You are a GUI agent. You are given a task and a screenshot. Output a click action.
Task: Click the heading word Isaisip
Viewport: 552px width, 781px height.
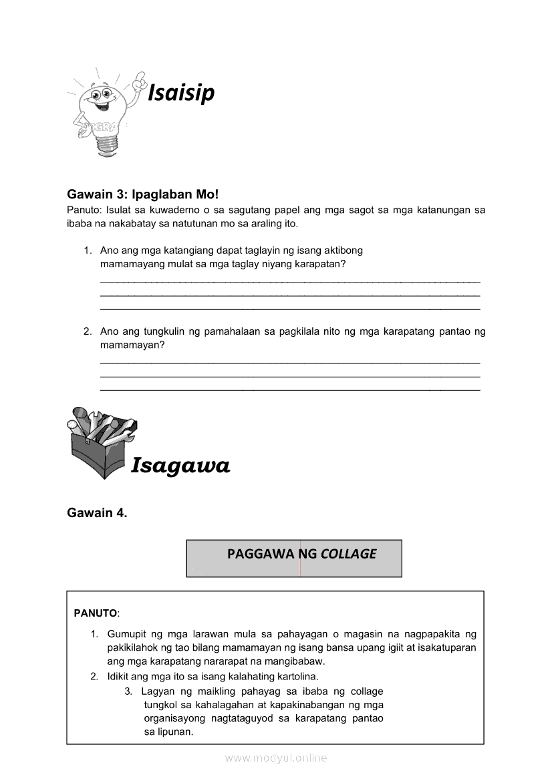click(180, 93)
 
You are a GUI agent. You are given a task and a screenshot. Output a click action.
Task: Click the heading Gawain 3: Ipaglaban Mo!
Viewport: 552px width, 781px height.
click(142, 194)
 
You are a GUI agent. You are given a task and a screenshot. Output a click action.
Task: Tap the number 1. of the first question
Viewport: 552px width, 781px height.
click(88, 251)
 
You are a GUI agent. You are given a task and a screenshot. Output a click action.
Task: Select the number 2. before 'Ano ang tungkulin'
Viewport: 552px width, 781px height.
click(88, 331)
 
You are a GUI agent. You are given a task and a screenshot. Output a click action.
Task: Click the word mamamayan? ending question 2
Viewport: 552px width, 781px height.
click(132, 345)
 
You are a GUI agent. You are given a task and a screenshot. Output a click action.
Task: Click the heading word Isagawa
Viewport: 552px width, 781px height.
click(180, 465)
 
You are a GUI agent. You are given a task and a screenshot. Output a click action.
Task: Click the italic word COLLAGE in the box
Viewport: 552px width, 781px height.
click(348, 554)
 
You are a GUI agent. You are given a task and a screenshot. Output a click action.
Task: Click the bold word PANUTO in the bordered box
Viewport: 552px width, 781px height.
click(95, 613)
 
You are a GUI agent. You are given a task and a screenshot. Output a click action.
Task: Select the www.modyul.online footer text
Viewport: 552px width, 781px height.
click(276, 758)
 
